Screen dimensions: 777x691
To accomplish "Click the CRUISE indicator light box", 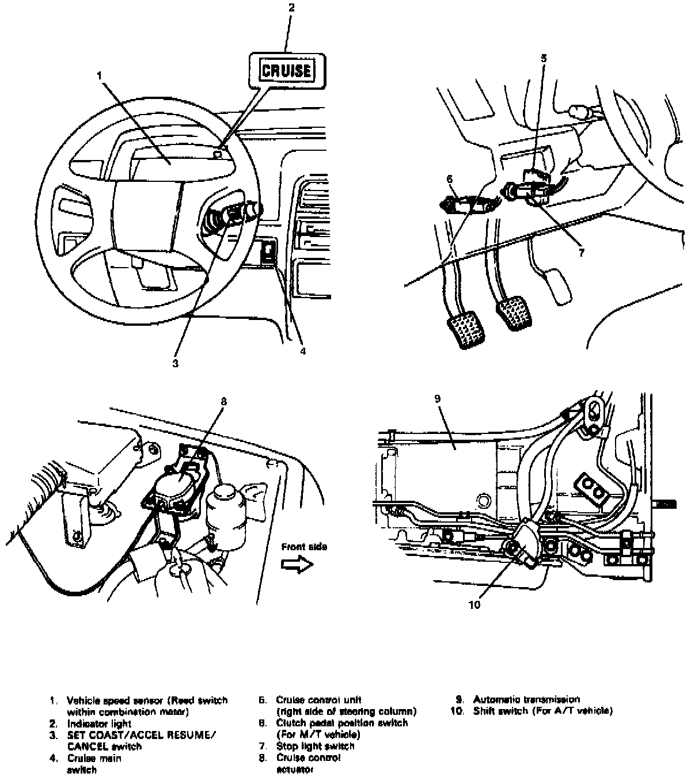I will click(x=287, y=70).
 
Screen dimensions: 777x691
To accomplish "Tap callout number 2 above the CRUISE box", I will click(x=291, y=7).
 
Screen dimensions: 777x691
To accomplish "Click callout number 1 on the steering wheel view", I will click(x=99, y=75).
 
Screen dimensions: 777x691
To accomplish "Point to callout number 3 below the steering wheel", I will click(x=176, y=363).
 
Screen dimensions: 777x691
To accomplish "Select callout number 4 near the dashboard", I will click(x=302, y=349).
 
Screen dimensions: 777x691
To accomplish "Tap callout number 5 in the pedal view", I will click(x=544, y=58).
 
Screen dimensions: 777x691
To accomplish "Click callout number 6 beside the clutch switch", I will click(x=450, y=179).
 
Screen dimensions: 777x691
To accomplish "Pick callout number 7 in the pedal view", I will click(x=582, y=252).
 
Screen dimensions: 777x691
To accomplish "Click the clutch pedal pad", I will click(x=466, y=331).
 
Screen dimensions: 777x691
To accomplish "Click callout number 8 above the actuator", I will click(x=223, y=401).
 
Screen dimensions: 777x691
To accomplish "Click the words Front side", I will click(x=303, y=547).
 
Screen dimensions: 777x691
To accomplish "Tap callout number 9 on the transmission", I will click(x=439, y=398).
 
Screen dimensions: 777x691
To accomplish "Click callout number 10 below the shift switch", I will click(x=474, y=604).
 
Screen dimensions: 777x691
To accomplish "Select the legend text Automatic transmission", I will click(x=526, y=699).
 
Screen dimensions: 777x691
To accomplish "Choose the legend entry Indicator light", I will click(x=99, y=723).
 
